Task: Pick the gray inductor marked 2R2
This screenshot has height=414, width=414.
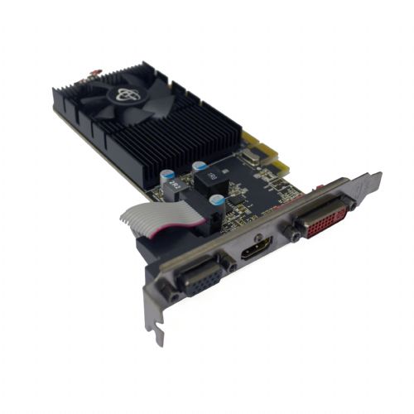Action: [171, 191]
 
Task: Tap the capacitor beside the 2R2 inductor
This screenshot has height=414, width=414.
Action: [168, 176]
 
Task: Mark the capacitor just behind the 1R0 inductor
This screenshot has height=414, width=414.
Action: [199, 166]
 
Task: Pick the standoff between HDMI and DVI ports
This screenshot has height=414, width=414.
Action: [295, 236]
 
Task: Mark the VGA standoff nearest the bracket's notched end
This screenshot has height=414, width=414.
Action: [171, 295]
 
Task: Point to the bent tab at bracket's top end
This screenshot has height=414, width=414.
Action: [370, 180]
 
